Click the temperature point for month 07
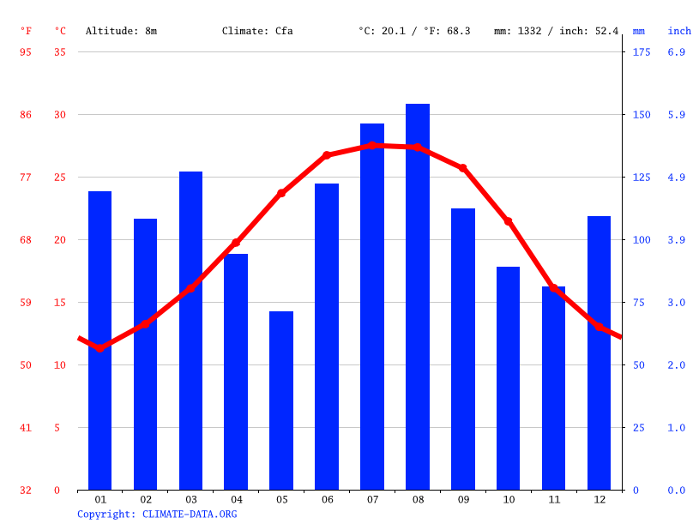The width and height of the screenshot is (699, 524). (372, 145)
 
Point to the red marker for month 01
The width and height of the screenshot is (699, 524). (100, 348)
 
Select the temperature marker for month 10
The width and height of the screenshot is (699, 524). (508, 221)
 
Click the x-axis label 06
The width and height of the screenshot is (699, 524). (327, 499)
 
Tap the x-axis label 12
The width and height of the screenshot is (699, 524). (599, 499)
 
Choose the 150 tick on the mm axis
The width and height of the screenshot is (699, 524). (642, 115)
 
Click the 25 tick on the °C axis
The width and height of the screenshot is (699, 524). (60, 178)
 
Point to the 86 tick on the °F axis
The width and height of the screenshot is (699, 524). (26, 115)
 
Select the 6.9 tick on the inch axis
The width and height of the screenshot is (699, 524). (676, 52)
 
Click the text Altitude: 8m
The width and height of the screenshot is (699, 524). (121, 31)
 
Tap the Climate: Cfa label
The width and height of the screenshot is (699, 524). (257, 31)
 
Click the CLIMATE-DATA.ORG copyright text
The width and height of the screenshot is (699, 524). (157, 515)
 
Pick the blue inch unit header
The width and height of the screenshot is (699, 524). (679, 31)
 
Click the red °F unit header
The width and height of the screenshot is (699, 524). (26, 31)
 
